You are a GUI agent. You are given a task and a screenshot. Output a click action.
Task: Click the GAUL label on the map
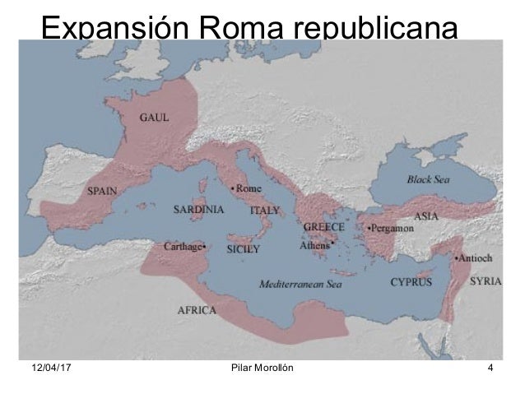tap(154, 117)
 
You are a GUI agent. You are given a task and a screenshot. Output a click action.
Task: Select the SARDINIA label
tap(197, 209)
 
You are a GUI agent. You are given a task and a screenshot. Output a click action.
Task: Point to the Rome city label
tap(249, 188)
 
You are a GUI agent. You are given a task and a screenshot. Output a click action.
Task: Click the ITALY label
tap(264, 210)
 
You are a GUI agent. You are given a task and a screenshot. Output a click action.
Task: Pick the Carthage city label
tap(185, 245)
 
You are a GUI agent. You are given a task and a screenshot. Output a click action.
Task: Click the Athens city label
tap(315, 243)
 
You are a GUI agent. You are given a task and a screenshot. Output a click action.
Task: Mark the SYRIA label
tap(486, 280)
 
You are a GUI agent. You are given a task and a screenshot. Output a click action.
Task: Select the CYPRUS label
tap(411, 281)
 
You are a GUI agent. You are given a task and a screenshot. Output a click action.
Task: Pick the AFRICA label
tap(197, 311)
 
